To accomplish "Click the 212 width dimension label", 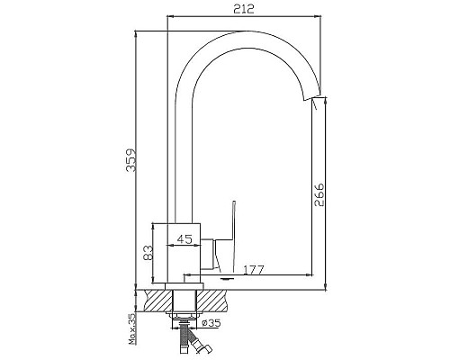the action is tap(244, 9).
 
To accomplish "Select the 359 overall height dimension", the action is tap(131, 160).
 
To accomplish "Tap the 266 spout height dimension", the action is tap(319, 194).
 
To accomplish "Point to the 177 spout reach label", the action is tap(254, 270).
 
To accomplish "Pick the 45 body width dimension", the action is tap(184, 239).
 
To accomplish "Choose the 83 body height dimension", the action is tap(148, 253).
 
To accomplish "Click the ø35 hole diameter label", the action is tap(211, 323).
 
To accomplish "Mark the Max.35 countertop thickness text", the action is tap(131, 328).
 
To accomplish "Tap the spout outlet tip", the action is tap(314, 98).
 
